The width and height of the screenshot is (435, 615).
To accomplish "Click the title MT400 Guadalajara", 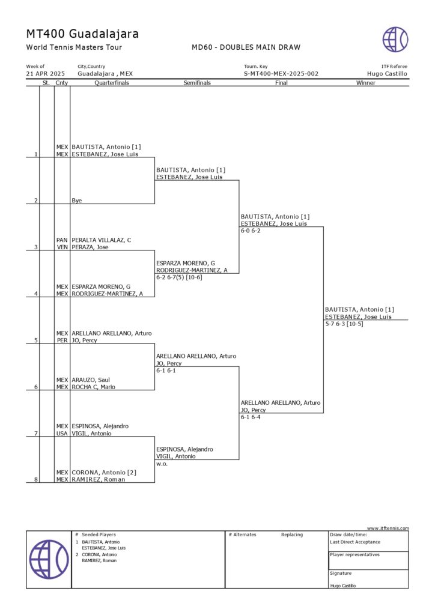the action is tap(82, 34).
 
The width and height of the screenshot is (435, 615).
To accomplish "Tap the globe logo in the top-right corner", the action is tap(395, 39).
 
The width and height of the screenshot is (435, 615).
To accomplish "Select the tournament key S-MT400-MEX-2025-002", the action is tap(281, 74).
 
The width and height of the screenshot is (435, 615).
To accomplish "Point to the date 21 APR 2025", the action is tap(46, 74).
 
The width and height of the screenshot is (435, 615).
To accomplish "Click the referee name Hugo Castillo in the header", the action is tap(387, 74).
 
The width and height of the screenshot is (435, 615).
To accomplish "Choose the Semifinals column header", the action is tap(197, 83).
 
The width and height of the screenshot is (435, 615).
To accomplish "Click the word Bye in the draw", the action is tap(76, 201).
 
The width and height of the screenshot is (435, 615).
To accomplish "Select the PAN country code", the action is tap(62, 240).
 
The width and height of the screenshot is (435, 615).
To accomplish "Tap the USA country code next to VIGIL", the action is tap(62, 434).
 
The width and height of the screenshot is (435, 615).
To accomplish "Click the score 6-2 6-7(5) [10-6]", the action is tap(179, 277).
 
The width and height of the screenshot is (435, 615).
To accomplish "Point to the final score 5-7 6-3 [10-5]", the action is tap(344, 324).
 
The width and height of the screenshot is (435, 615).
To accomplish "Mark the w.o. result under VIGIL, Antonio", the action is tap(162, 464).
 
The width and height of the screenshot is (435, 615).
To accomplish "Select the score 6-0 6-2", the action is tap(251, 231).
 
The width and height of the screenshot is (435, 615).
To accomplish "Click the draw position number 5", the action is tap(36, 341).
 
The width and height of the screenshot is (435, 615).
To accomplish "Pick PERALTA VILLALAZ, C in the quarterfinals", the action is tap(101, 240).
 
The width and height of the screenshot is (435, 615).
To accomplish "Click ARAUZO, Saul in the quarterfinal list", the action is tap(91, 380).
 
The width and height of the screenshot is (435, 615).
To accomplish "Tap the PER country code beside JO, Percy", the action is tap(62, 341).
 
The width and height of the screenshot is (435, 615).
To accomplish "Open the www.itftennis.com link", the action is tap(388, 529).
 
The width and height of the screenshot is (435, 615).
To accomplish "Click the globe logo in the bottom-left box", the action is tap(49, 559).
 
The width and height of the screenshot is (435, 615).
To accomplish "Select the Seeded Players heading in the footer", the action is tap(99, 535).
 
